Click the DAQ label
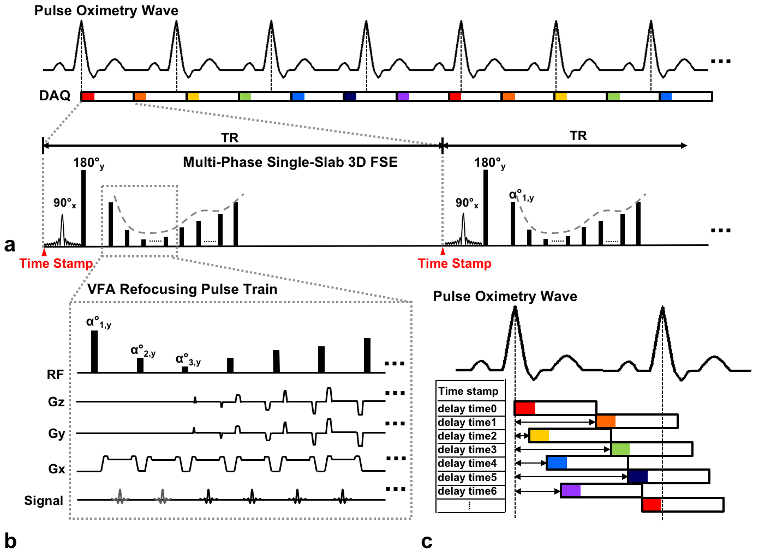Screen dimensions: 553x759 coord(55,96)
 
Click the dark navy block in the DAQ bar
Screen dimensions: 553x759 coord(350,97)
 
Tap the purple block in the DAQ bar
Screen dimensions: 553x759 coord(403,97)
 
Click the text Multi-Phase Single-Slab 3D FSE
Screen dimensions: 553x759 coord(290,162)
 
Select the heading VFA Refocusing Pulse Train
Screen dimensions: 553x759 coord(182,289)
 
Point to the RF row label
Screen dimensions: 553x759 coord(56,375)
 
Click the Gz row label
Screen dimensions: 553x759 coord(57,402)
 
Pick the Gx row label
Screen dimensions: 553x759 coord(57,469)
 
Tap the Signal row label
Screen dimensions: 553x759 coord(44,501)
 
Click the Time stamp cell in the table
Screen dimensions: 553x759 coord(468,391)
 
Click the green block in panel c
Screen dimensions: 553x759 coord(620,449)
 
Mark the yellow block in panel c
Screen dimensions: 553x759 coord(539,435)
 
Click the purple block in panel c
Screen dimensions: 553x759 coord(571,490)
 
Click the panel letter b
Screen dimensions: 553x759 coord(10,541)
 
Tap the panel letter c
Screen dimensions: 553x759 coord(427,541)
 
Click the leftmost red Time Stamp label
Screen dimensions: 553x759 coord(56,263)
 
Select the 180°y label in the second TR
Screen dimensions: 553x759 coord(489,163)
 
